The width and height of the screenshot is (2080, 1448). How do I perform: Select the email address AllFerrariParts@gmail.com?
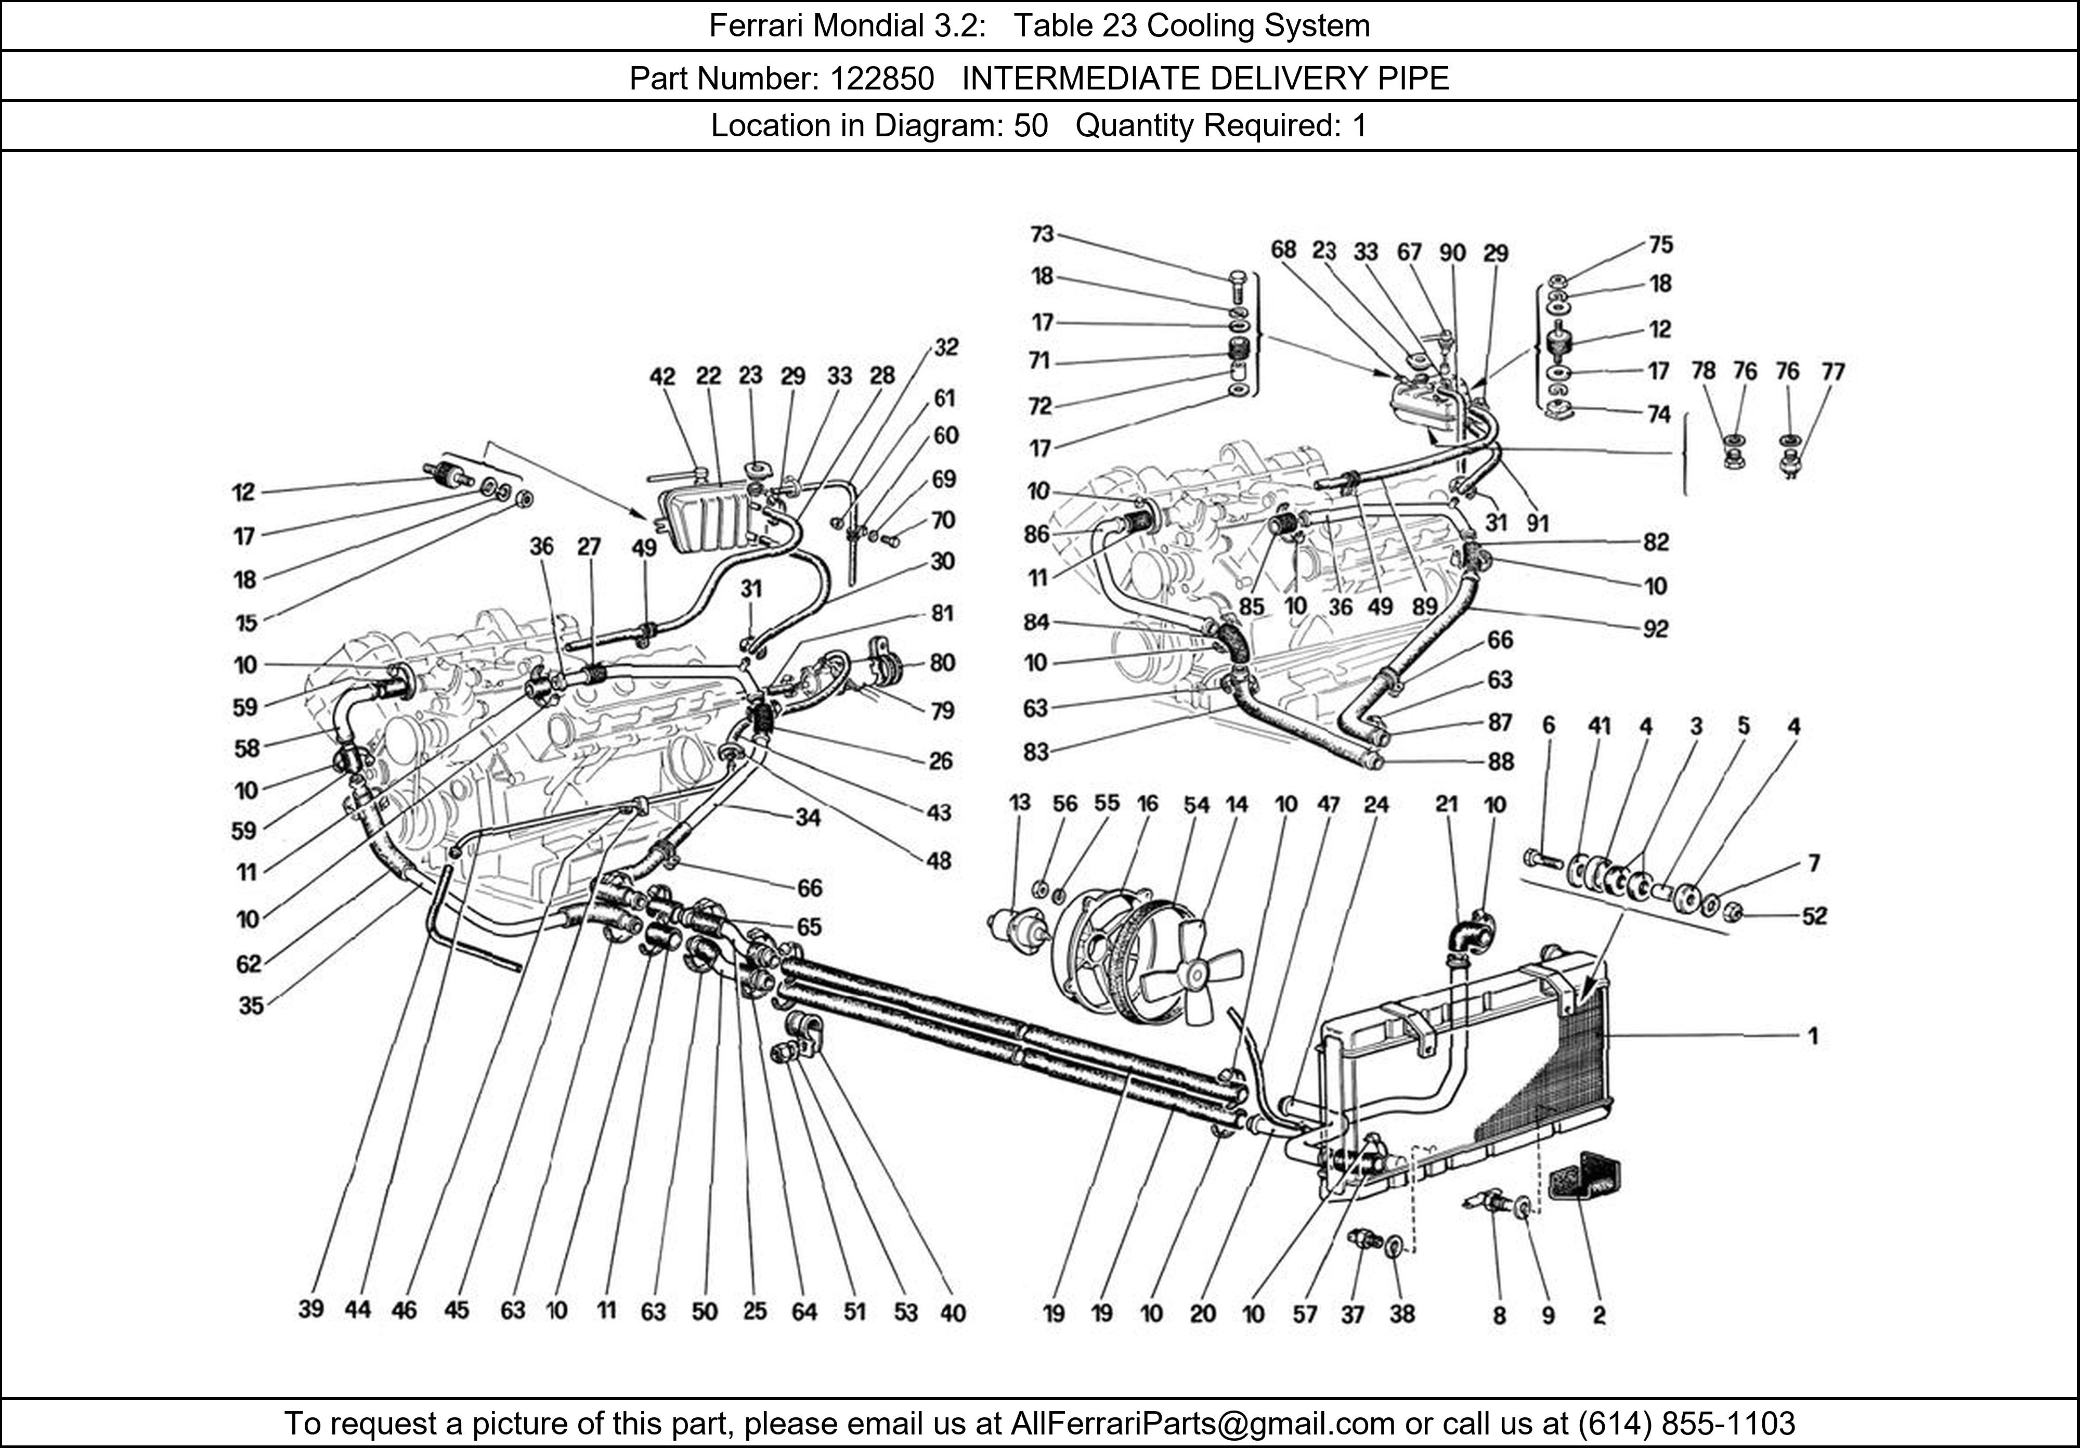[x=1202, y=1424]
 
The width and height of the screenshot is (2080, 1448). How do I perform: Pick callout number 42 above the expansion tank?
[x=662, y=376]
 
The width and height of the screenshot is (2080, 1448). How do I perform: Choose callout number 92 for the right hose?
[x=1655, y=629]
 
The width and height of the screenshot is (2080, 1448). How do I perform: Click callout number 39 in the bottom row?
[x=311, y=1309]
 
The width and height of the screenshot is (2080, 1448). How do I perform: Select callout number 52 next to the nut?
[x=1815, y=916]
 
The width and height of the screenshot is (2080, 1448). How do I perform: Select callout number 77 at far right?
[x=1832, y=371]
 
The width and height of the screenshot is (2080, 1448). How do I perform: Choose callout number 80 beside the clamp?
[x=942, y=663]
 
